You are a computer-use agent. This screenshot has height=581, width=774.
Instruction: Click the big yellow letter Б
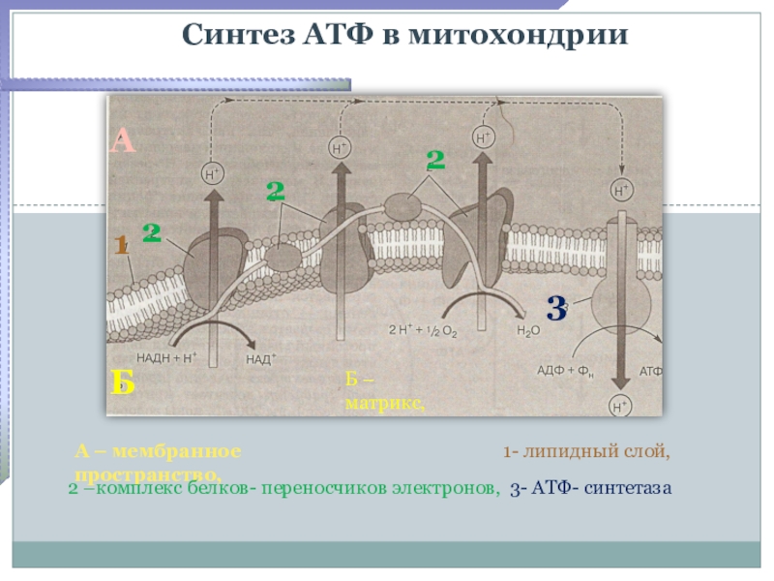click(122, 383)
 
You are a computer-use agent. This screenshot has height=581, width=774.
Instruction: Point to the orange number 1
click(121, 246)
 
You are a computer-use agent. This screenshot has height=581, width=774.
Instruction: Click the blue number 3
click(555, 309)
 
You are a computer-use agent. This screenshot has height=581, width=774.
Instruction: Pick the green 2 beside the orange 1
click(152, 232)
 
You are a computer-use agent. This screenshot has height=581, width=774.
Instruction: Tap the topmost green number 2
click(435, 161)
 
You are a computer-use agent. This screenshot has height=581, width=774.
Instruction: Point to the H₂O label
click(528, 330)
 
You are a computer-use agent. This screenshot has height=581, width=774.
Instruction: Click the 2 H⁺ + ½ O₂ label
click(422, 330)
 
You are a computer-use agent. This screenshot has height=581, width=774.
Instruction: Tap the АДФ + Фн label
click(566, 371)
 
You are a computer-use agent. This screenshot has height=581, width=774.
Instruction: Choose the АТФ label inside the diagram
click(651, 371)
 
